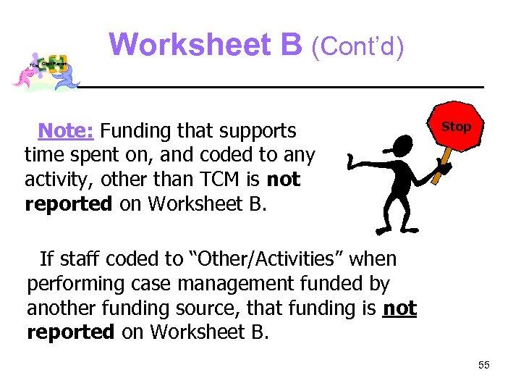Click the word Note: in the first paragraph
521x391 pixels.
coord(66,131)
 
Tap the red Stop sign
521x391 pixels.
coord(456,127)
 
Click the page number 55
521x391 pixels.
coord(484,365)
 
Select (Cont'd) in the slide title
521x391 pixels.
coord(357,46)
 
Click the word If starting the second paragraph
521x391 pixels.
coord(46,258)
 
